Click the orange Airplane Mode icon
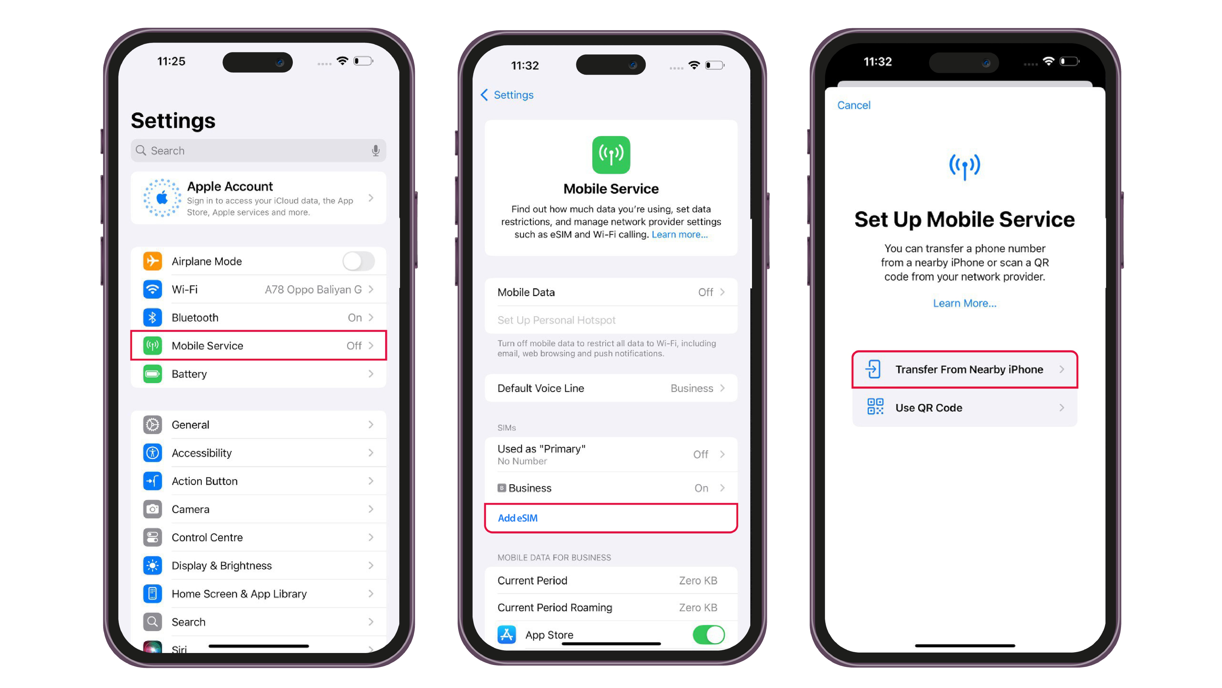[x=152, y=261]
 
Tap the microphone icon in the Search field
[x=375, y=150]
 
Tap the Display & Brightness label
[x=221, y=565]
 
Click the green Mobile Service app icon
[x=611, y=155]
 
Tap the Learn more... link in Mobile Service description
[x=679, y=235]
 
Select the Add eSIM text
[x=518, y=518]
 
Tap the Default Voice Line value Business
[x=692, y=388]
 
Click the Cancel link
[x=853, y=105]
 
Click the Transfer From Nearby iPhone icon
[x=873, y=369]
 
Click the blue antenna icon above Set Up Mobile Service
[x=964, y=166]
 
